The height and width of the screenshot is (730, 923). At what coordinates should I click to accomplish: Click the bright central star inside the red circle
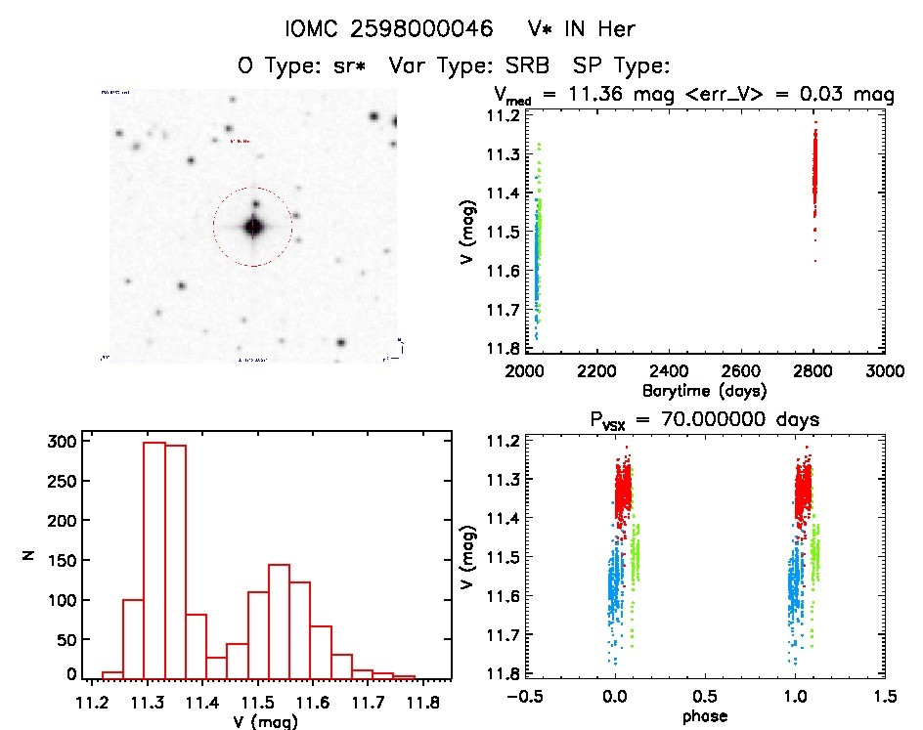[254, 227]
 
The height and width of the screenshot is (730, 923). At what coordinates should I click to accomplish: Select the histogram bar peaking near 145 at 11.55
[279, 620]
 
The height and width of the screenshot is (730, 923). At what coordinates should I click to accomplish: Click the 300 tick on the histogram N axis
[64, 442]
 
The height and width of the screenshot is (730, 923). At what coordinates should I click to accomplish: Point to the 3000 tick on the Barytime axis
[883, 372]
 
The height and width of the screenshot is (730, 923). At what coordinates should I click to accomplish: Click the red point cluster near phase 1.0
[803, 489]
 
